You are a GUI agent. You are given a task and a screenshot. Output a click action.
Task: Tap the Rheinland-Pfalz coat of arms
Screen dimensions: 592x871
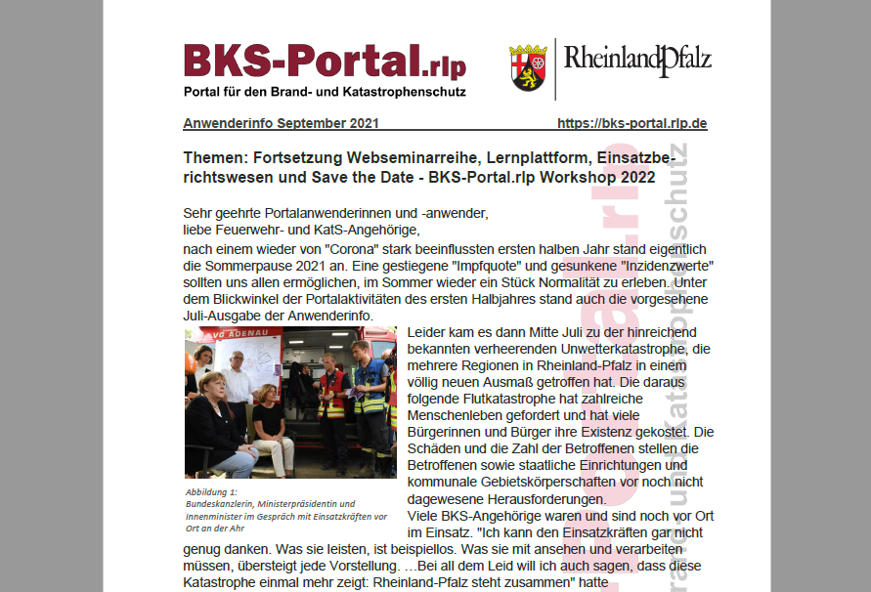[528, 67]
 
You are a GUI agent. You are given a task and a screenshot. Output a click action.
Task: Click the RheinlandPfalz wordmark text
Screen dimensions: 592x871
[637, 62]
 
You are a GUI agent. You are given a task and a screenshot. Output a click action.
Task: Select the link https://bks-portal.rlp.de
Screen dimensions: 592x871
[631, 124]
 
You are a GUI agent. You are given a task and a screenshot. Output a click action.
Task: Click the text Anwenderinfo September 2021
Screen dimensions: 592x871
[281, 124]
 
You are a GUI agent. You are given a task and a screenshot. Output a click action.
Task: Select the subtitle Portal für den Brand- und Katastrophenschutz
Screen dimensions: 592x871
[325, 92]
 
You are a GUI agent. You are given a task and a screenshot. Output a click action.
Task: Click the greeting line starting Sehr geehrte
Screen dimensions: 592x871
[334, 213]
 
